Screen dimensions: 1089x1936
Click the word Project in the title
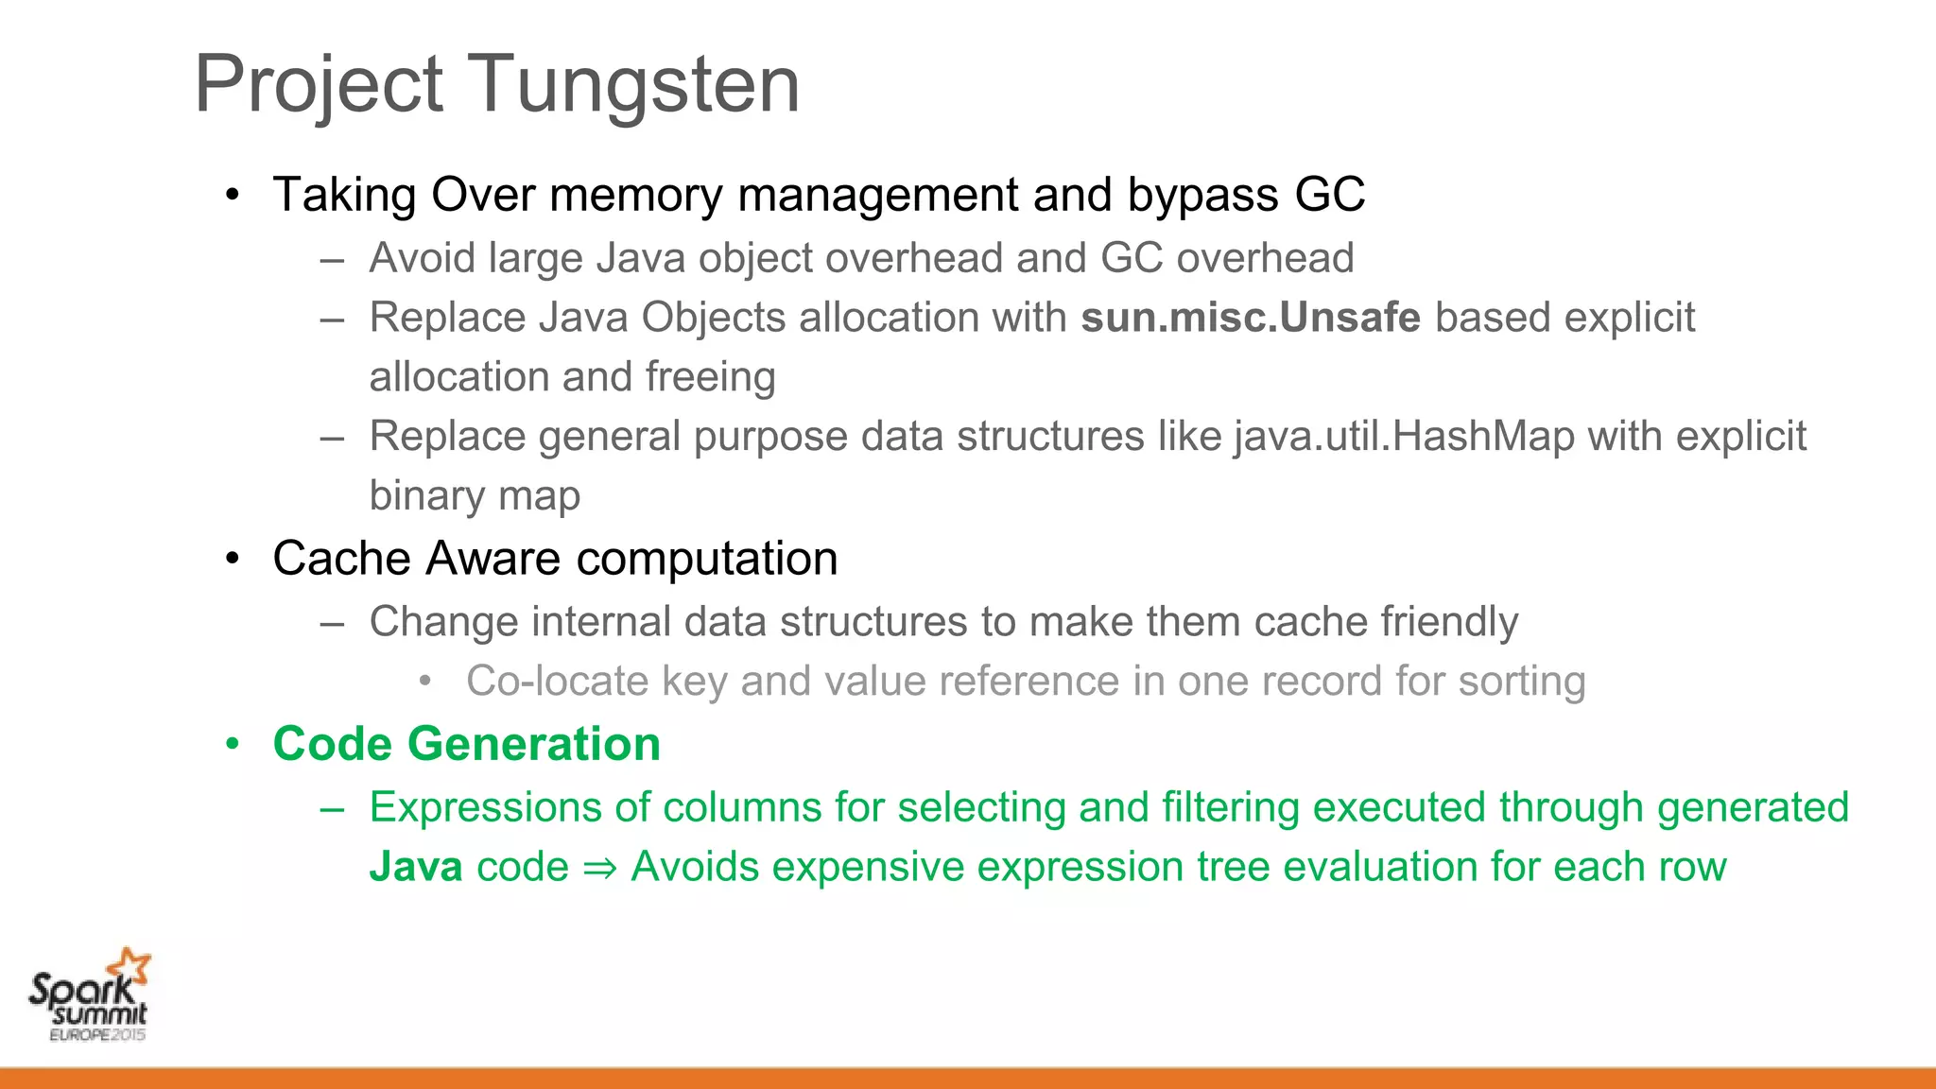click(x=319, y=85)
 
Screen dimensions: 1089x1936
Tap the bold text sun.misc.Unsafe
click(x=1250, y=318)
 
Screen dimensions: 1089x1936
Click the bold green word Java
click(x=415, y=867)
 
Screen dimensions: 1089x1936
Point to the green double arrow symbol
click(x=599, y=868)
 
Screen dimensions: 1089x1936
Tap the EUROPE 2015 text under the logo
click(x=97, y=1035)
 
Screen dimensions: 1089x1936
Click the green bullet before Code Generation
click(x=233, y=744)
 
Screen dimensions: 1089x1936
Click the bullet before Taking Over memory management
click(x=233, y=195)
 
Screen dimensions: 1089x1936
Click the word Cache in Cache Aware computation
click(x=342, y=558)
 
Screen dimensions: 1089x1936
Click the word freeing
click(x=710, y=377)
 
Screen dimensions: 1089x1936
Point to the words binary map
click(x=475, y=496)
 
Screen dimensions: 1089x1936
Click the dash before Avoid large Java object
click(x=332, y=259)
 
